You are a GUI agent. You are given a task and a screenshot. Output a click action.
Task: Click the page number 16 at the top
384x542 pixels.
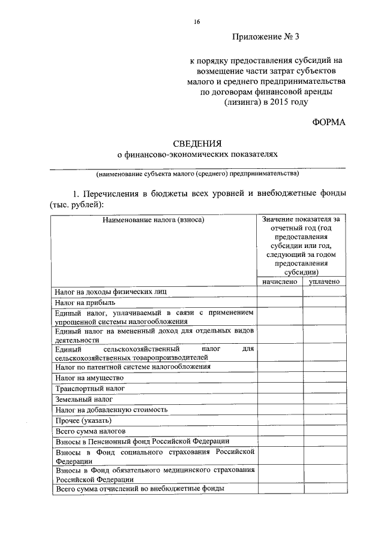(x=196, y=22)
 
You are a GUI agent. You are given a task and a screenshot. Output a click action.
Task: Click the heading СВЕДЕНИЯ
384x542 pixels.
(x=197, y=143)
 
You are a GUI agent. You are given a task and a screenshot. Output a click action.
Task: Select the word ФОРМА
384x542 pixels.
(x=329, y=122)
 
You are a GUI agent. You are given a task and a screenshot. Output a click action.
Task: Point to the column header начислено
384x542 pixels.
(x=280, y=281)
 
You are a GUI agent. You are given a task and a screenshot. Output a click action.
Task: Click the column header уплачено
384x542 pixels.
(x=325, y=281)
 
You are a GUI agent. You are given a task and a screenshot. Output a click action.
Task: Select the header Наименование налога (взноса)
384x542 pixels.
(x=154, y=220)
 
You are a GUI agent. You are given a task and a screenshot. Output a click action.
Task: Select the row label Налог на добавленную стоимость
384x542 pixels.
(x=111, y=410)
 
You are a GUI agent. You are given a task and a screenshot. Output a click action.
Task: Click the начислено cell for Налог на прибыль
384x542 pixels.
(x=280, y=303)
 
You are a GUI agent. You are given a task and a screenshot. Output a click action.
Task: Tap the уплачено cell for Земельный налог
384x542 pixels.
(x=325, y=399)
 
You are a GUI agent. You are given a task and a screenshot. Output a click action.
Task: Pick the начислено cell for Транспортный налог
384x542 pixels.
(x=280, y=388)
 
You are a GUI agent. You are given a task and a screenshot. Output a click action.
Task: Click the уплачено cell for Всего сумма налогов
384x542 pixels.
(x=325, y=431)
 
